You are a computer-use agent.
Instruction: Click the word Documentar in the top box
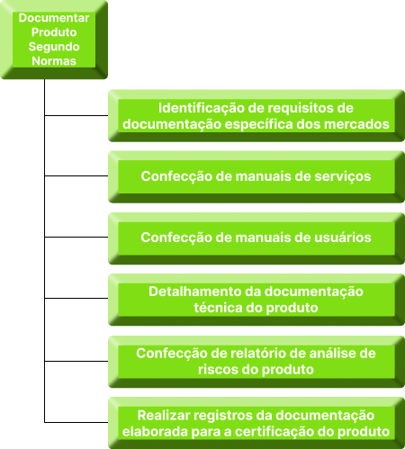(54, 18)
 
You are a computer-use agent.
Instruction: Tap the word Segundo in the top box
(54, 47)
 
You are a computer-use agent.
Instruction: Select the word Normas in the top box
(54, 61)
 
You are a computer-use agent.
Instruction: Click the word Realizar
(160, 416)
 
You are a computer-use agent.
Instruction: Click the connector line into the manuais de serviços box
(76, 175)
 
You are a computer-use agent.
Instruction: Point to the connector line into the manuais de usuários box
(76, 237)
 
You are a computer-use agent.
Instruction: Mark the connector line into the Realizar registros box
(76, 422)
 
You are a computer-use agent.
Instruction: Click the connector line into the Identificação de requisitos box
(76, 115)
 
